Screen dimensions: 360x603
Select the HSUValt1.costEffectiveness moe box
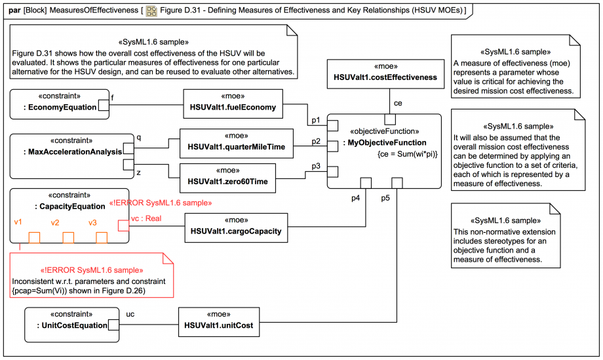click(385, 72)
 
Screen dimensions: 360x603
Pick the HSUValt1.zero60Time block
click(227, 177)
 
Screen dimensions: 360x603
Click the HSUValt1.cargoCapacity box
click(236, 226)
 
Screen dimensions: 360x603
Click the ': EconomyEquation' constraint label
click(59, 108)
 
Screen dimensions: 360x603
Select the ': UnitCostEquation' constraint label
click(66, 325)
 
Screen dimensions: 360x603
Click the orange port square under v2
click(68, 237)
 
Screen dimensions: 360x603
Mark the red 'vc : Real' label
click(146, 218)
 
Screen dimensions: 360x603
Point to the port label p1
click(316, 121)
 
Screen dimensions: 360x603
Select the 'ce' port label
click(398, 103)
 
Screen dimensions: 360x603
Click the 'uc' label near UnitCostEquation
click(130, 314)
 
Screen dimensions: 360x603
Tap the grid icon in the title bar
click(151, 11)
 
